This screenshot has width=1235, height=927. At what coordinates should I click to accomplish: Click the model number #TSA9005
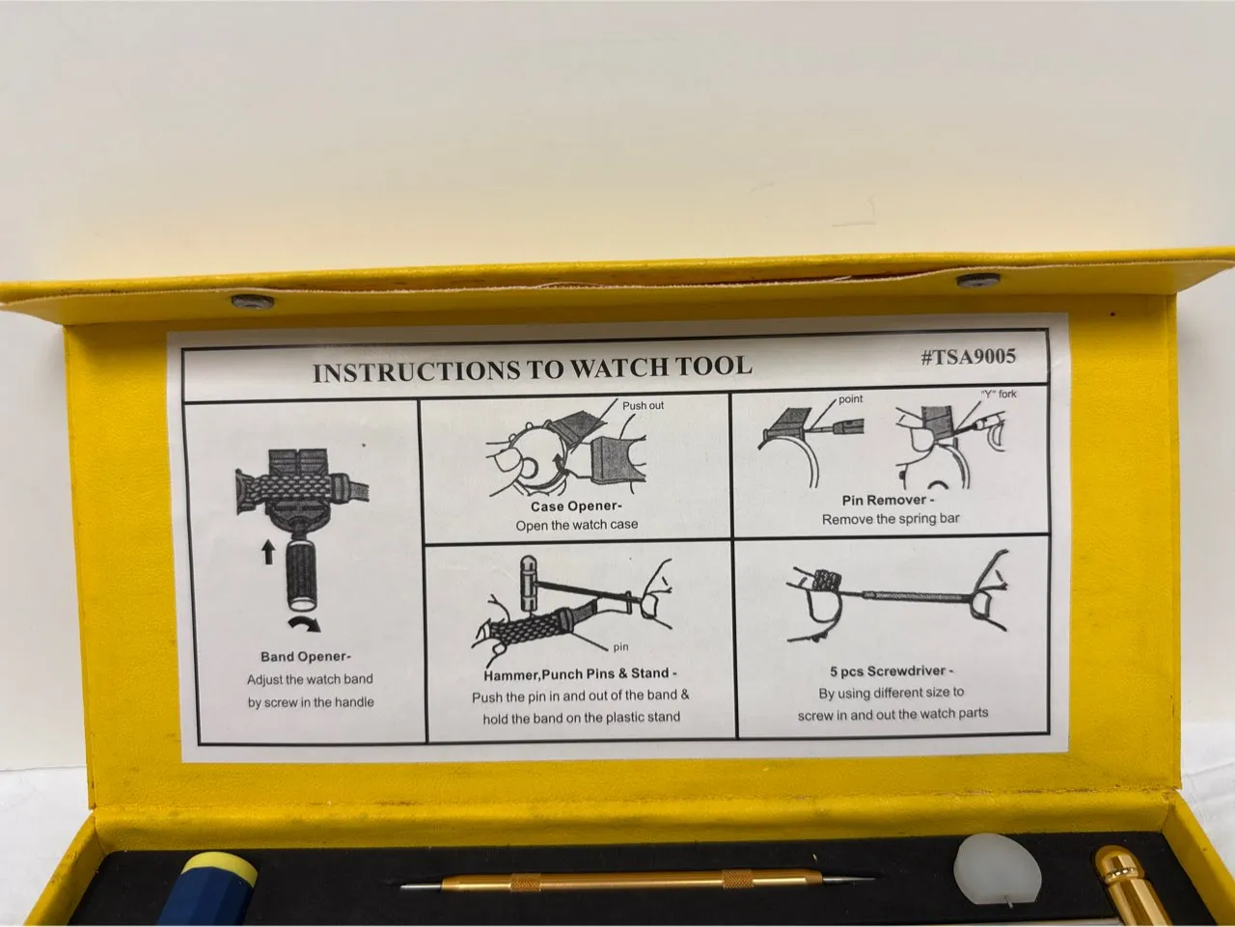[969, 357]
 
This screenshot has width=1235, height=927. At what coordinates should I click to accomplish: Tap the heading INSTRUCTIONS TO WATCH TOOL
[533, 368]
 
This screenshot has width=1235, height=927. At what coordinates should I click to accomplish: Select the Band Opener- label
[306, 657]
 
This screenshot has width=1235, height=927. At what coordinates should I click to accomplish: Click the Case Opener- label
[576, 506]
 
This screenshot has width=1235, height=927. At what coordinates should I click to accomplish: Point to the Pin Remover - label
[889, 500]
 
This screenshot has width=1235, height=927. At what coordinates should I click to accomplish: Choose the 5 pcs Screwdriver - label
[892, 671]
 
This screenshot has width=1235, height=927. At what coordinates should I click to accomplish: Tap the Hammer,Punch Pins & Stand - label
[580, 674]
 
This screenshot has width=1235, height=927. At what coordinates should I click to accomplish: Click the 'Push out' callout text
[644, 405]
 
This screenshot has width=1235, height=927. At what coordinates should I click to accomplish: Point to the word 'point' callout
[850, 398]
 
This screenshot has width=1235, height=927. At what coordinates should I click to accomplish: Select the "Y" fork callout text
[999, 394]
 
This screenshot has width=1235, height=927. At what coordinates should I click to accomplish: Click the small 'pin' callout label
[620, 647]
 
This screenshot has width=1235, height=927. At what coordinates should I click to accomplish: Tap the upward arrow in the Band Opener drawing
[269, 553]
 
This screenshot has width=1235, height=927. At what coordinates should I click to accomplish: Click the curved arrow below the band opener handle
[304, 622]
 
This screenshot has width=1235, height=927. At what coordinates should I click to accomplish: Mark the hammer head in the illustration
[529, 584]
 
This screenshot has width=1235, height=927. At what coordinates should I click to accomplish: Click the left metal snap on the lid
[253, 302]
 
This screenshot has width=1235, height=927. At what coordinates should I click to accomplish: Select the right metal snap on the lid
[978, 280]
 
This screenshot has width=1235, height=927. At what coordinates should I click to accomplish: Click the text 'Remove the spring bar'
[891, 519]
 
